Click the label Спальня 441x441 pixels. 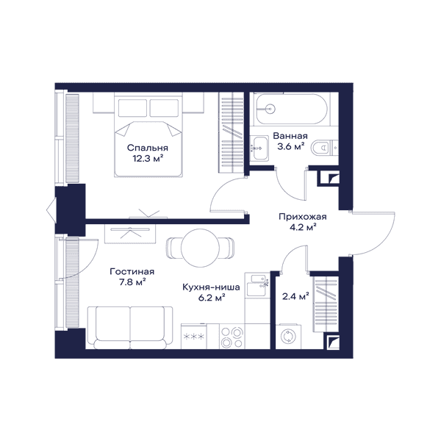pos(148,148)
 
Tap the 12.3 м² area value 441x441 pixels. pos(148,159)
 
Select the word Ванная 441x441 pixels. pos(290,136)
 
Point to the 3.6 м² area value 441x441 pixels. pos(291,146)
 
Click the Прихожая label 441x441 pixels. pos(303,217)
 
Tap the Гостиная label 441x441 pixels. pos(132,272)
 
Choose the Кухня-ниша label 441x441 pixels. pos(211,287)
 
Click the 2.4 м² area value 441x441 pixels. pos(295,296)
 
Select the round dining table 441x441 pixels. pos(200,248)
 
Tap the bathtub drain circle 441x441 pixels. pos(270,109)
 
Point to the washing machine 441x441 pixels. pos(288,337)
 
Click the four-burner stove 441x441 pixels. pos(232,337)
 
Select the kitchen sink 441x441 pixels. pos(257,285)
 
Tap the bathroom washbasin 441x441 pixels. pos(259,148)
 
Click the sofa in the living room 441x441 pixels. pos(130,328)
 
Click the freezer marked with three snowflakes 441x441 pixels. pos(193,337)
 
